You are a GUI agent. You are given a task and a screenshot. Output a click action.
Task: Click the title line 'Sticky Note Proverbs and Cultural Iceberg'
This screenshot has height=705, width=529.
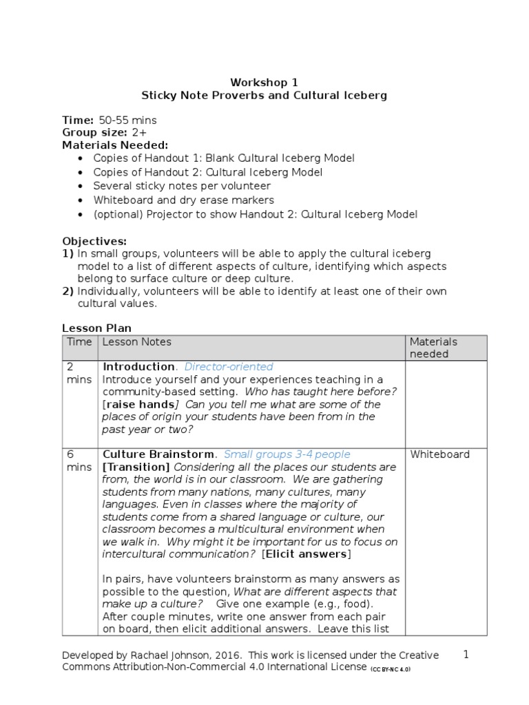click(264, 95)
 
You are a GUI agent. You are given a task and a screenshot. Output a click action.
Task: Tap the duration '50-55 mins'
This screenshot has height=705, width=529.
click(127, 120)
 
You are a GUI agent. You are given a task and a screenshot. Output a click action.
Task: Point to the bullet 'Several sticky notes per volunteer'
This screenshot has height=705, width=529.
click(182, 186)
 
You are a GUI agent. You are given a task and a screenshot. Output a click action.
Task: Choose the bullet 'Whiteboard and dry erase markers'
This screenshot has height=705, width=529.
click(184, 200)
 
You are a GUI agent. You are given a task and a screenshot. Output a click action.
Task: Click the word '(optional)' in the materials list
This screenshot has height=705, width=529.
click(117, 214)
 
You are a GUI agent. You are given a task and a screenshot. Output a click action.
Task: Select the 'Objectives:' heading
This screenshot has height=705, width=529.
click(94, 241)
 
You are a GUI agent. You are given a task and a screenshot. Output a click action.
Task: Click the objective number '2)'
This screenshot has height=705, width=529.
click(68, 291)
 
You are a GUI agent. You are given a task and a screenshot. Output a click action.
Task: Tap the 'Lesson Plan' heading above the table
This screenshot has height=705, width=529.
click(96, 328)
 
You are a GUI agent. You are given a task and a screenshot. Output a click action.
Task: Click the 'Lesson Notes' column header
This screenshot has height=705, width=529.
click(137, 341)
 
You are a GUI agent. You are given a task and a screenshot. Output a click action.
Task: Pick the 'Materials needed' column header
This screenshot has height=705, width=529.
click(433, 348)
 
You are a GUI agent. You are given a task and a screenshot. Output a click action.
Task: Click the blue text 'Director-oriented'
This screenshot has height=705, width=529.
click(229, 367)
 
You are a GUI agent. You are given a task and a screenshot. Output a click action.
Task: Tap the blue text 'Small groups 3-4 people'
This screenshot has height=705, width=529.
click(287, 454)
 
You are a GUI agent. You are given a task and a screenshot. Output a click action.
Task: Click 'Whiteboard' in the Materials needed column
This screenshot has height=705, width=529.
click(439, 454)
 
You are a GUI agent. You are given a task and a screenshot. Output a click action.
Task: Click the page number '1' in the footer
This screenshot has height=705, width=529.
click(466, 655)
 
